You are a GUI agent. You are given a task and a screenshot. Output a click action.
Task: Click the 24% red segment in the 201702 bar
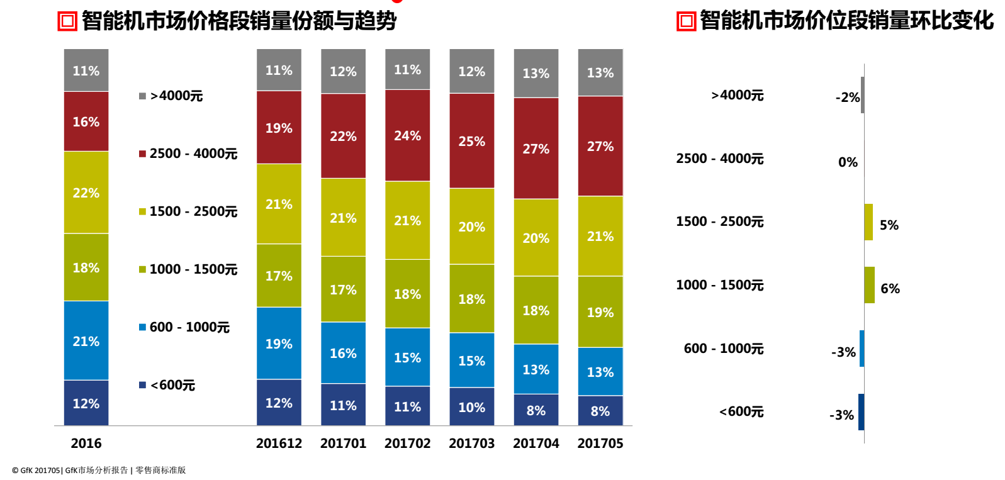407,135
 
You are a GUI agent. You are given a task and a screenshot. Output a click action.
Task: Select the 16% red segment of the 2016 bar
86,121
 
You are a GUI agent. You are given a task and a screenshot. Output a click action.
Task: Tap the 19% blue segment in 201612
279,343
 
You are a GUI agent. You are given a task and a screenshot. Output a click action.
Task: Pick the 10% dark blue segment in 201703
471,407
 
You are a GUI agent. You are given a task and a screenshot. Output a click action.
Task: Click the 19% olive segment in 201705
600,312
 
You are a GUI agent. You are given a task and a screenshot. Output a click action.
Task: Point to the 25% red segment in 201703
471,141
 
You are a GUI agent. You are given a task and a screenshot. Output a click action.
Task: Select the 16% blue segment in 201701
343,353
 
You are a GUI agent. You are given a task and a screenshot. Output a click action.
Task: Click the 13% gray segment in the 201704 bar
536,73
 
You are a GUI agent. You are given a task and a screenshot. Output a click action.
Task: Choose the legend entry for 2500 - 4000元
189,153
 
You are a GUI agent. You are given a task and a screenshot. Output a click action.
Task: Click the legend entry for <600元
168,385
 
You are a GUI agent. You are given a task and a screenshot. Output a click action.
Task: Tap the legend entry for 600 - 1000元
185,327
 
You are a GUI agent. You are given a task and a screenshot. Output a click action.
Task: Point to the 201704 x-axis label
536,444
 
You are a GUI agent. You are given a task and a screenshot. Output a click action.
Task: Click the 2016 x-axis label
86,444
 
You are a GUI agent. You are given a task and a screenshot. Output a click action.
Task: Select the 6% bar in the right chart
869,285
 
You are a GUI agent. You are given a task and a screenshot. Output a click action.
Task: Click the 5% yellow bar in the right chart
868,222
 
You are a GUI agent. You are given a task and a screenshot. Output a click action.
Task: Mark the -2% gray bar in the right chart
862,95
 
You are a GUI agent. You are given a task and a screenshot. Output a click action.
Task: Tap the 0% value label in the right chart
848,162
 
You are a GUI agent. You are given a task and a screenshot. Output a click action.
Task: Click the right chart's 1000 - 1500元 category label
719,285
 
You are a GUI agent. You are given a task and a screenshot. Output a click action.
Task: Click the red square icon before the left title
67,21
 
